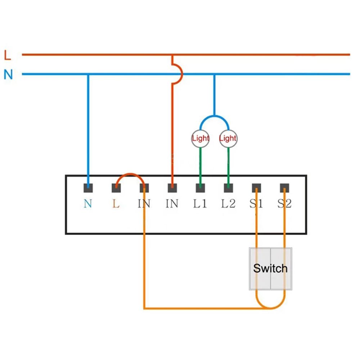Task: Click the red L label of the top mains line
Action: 8,55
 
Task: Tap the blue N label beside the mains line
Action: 8,75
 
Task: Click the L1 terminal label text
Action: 200,204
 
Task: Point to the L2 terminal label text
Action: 228,204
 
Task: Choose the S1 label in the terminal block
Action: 256,204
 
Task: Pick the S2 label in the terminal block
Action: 284,204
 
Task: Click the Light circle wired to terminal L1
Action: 200,138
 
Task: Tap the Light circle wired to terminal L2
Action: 228,138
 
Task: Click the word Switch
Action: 270,268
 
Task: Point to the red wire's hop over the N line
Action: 179,74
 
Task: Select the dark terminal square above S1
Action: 256,188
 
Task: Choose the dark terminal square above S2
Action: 284,188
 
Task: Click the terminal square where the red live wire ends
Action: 172,188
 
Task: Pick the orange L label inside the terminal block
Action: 116,204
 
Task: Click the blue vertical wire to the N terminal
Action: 88,130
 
